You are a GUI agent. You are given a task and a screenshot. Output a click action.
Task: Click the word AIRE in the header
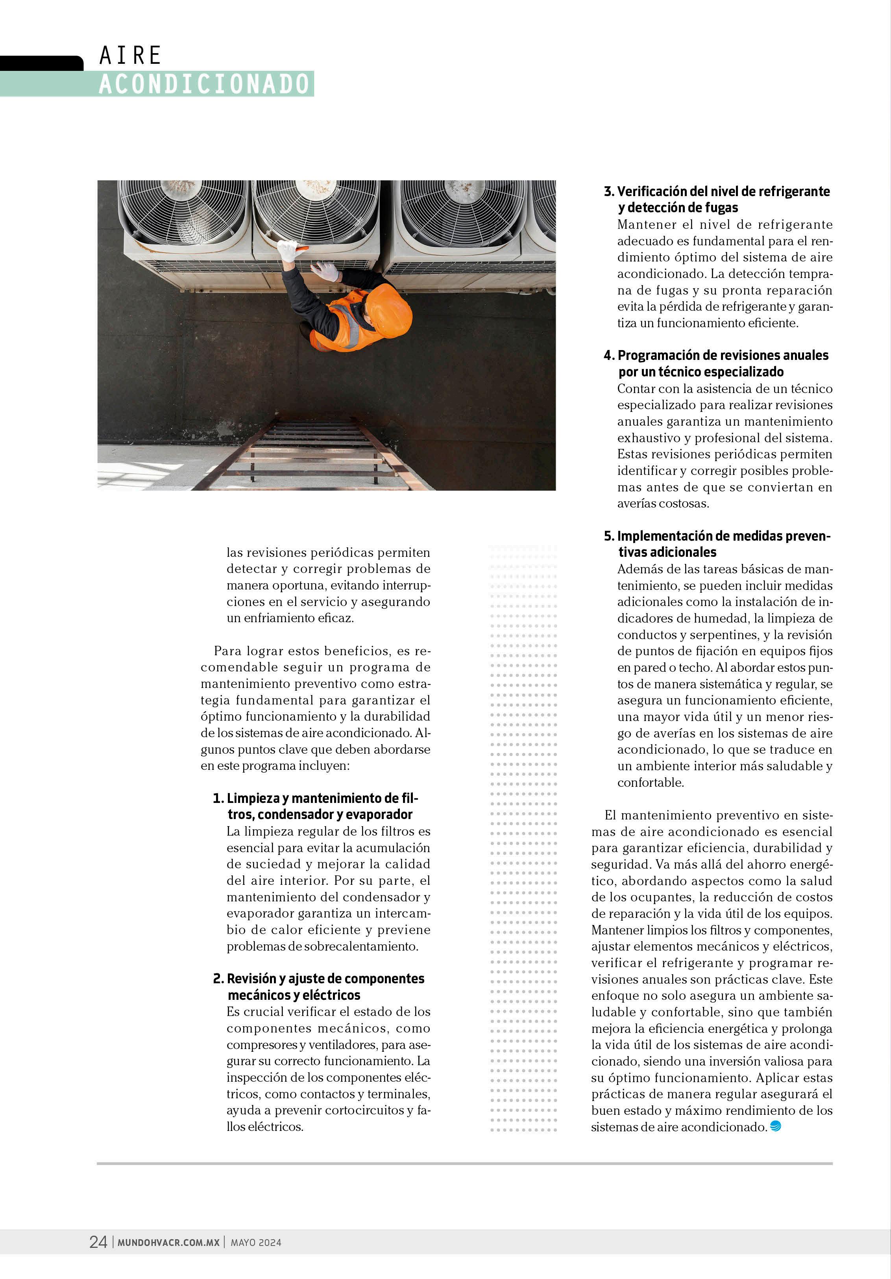click(x=130, y=56)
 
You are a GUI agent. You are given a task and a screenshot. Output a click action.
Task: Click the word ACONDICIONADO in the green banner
click(x=204, y=84)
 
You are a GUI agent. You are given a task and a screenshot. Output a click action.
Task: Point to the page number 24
click(x=98, y=1242)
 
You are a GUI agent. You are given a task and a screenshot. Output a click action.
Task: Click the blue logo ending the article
click(x=775, y=1126)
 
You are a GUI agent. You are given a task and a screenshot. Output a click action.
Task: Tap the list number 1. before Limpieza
click(x=218, y=798)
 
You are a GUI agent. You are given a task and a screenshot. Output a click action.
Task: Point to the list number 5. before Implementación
click(x=609, y=536)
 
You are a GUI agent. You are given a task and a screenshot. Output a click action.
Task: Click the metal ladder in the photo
click(x=312, y=454)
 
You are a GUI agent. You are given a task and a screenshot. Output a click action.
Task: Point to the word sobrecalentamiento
click(x=361, y=946)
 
